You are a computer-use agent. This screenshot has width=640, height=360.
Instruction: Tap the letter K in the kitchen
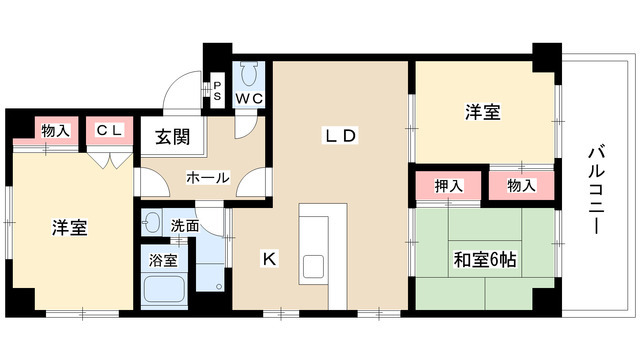[x=269, y=259]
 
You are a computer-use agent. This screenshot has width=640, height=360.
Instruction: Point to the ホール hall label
[x=207, y=178]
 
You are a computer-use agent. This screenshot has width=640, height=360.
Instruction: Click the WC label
[x=249, y=98]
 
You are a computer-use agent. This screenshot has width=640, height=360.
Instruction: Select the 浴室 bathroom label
[x=163, y=260]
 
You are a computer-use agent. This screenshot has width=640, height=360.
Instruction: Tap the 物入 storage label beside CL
[x=55, y=130]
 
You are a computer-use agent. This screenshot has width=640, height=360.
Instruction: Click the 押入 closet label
[x=449, y=185]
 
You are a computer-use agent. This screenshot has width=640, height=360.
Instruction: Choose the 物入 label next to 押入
[x=521, y=185]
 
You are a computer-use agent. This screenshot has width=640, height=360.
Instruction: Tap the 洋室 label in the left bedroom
[x=70, y=228]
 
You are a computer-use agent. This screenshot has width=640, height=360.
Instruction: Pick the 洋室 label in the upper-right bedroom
[x=482, y=113]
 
